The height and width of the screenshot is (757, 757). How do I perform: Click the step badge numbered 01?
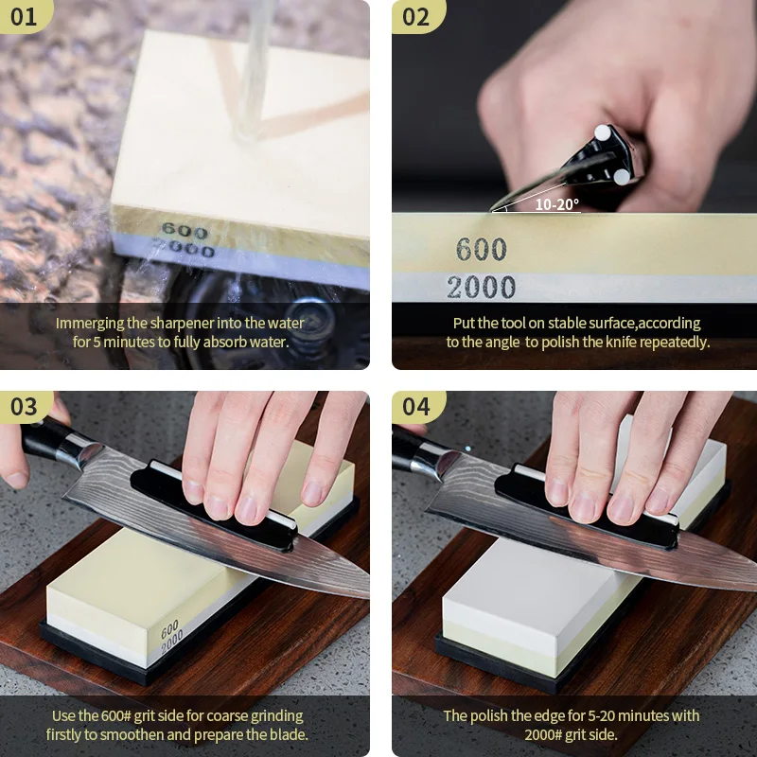tap(25, 17)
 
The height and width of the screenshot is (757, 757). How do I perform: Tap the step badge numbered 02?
tap(416, 17)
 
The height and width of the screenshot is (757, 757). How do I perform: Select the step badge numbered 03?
tap(25, 407)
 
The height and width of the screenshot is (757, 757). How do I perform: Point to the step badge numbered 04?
tap(416, 407)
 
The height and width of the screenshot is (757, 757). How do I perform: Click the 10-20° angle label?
tap(556, 204)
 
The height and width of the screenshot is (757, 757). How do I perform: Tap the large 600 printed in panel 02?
tap(482, 249)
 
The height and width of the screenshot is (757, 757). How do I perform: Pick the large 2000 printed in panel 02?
tap(481, 287)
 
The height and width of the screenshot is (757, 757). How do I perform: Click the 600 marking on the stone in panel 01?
tap(185, 230)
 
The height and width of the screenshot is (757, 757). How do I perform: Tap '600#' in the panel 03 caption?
tap(115, 716)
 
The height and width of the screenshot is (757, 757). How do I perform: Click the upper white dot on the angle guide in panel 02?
tap(603, 132)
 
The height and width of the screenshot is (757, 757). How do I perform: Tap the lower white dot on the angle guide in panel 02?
tap(622, 177)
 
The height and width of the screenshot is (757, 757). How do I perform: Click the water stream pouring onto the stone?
tap(255, 67)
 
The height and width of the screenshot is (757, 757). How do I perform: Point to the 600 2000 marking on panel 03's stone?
tap(171, 637)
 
